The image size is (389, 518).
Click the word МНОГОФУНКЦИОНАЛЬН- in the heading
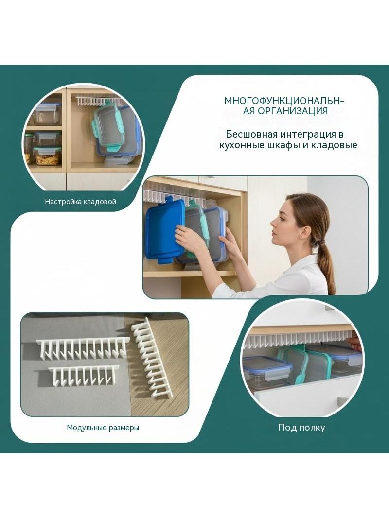284,101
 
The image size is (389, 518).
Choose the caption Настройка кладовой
80,202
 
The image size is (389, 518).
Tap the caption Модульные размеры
103,428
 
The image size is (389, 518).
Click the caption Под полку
302,428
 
